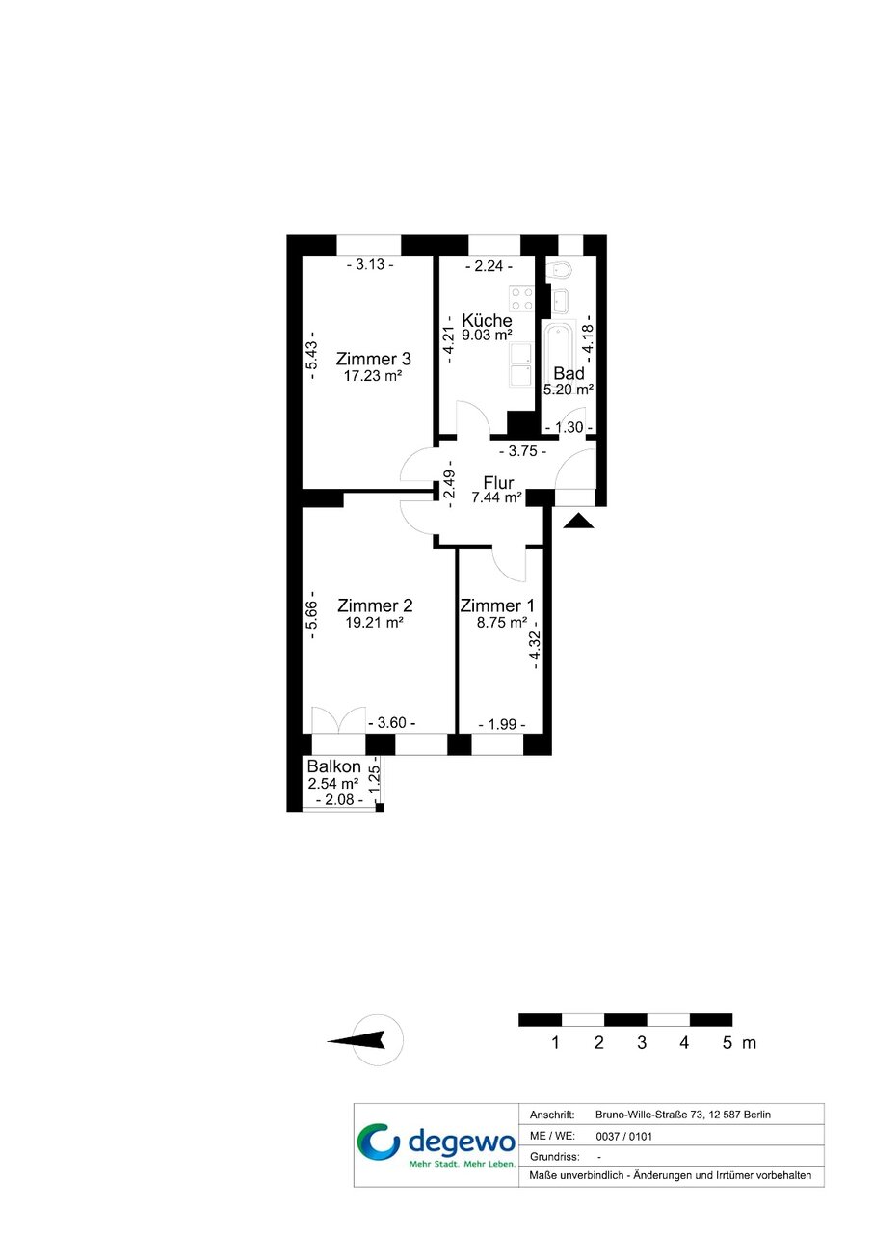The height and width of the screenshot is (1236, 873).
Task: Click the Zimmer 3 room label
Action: [x=373, y=360]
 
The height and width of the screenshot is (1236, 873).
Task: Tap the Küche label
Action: [x=487, y=320]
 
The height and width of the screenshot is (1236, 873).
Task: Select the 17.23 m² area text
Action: [x=373, y=376]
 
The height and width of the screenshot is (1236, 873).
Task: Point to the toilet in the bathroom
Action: [x=558, y=271]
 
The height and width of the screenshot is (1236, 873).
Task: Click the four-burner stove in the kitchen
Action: [x=521, y=299]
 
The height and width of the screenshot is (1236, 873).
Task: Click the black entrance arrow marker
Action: [x=578, y=521]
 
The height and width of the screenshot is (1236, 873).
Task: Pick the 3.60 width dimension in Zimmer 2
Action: [x=391, y=722]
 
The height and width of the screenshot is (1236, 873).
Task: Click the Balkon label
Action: [x=333, y=766]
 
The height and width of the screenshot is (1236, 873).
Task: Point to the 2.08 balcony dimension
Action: [x=339, y=799]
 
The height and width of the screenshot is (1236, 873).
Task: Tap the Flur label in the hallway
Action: [x=498, y=482]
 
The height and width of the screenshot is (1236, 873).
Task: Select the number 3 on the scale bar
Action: [x=642, y=1043]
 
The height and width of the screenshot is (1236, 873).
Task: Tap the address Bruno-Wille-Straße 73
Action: [x=649, y=1115]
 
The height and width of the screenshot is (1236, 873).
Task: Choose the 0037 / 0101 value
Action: [x=623, y=1137]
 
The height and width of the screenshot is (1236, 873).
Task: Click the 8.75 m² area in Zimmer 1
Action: [x=502, y=623]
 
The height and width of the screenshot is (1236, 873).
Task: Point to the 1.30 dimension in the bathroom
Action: [x=569, y=427]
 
